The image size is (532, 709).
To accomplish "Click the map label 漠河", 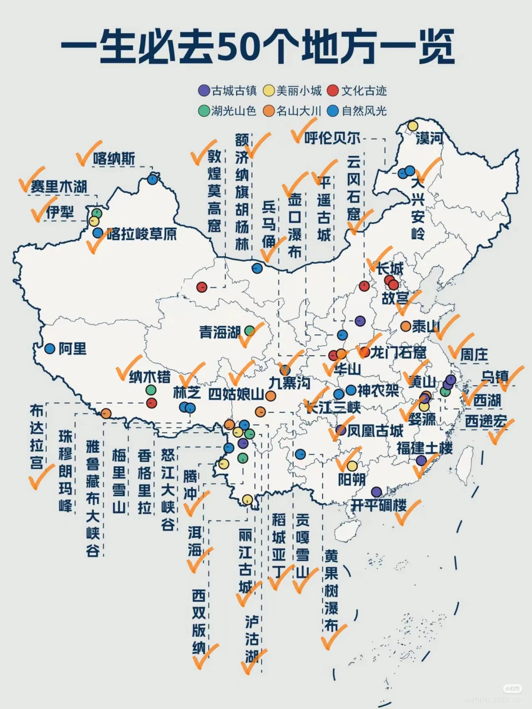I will [429, 138].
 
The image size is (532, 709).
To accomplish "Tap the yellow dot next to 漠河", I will [412, 126].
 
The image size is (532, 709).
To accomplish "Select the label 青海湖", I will [220, 332].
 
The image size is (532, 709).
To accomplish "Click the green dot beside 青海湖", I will [250, 330].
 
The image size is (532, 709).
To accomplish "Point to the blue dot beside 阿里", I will [50, 349].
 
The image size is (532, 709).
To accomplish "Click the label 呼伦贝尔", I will [332, 138].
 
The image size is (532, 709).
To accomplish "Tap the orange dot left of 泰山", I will [405, 326].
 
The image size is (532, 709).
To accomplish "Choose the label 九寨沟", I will [290, 383].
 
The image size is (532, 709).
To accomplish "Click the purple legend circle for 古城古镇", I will [203, 91].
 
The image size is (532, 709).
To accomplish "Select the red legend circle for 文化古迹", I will [333, 91].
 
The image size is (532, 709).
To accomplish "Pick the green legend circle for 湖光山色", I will [203, 111].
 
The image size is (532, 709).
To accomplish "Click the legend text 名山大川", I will [299, 111].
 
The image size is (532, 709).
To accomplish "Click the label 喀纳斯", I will [114, 159].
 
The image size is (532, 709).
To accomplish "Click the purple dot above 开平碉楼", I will [376, 491].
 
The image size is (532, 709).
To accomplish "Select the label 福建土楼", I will [425, 448].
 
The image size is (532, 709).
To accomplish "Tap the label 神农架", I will [378, 390].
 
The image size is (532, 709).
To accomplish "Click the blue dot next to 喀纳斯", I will [153, 180].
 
